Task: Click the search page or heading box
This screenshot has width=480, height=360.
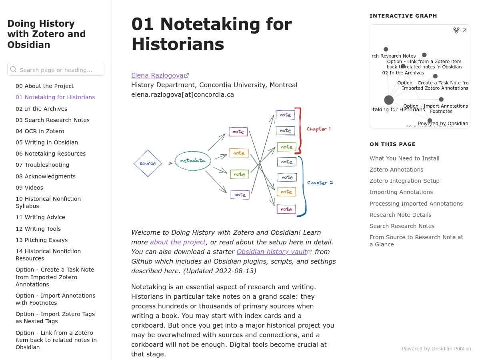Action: [x=56, y=70]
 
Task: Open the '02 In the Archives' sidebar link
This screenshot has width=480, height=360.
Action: [x=41, y=109]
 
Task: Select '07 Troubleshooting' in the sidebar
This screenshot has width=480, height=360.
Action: [x=42, y=165]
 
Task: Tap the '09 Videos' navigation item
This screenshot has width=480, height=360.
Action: [x=29, y=188]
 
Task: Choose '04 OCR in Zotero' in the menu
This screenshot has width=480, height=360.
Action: [x=40, y=131]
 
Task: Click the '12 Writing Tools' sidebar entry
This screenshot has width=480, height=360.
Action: [x=38, y=229]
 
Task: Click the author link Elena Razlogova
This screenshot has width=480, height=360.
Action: [x=157, y=75]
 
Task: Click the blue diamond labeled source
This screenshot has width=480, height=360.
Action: [x=148, y=163]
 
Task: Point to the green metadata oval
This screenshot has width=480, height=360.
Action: [x=193, y=161]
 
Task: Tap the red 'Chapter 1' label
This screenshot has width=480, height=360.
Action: [x=318, y=129]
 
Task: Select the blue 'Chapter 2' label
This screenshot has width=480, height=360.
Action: [x=320, y=183]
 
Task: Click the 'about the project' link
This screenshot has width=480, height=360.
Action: [x=178, y=242]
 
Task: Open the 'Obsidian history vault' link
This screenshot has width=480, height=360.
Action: [x=272, y=252]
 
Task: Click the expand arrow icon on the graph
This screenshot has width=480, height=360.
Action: [x=464, y=30]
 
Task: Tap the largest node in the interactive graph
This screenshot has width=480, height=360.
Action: [x=389, y=100]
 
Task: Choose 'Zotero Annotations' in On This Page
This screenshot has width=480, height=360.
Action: [x=396, y=170]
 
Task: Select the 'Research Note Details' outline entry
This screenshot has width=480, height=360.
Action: [x=400, y=215]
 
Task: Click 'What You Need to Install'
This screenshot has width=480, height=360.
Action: [x=404, y=158]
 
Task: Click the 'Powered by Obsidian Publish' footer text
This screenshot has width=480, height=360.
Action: [x=436, y=349]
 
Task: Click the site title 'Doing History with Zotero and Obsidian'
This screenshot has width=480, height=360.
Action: [x=46, y=34]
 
